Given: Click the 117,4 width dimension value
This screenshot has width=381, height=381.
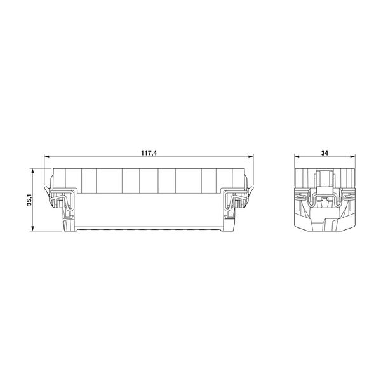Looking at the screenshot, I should pos(150,153).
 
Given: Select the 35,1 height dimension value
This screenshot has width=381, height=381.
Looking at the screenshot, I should pos(27,200).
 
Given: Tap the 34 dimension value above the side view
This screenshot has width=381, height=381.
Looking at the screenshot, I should pos(324,153).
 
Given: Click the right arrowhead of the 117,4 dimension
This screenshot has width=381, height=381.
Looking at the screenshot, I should pos(251,157).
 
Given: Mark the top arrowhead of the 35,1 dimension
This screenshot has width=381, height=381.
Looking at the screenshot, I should pos(32,170).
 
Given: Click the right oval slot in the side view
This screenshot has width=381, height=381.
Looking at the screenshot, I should pos(349,197).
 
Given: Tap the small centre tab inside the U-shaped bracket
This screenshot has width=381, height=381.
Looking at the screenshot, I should pos(324,204).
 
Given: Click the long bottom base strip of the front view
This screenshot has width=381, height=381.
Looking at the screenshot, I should pos(149,229).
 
